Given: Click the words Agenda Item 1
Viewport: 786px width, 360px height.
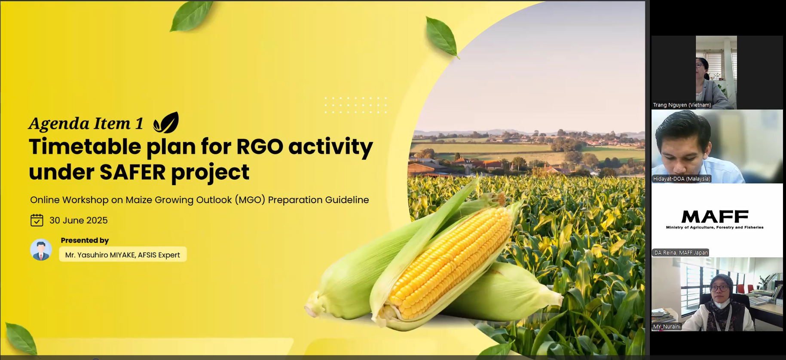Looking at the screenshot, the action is tap(86, 124).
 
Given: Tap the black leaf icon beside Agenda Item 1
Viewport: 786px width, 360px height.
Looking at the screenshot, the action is tap(166, 123).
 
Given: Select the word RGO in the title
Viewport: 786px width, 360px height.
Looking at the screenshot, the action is tap(260, 147).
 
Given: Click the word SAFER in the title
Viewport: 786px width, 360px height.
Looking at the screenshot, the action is tap(132, 172).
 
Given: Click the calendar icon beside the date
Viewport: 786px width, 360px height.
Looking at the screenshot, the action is tap(37, 220).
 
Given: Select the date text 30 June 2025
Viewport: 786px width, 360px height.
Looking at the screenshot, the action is tap(79, 220).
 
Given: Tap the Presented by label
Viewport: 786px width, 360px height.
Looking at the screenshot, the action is tap(85, 241).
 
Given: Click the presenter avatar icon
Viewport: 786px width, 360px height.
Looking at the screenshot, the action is tap(41, 250).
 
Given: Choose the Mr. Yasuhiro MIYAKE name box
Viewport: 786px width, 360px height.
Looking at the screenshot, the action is tap(123, 254).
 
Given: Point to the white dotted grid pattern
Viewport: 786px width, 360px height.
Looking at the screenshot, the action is tap(355, 105).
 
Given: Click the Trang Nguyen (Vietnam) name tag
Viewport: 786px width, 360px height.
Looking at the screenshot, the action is tap(682, 105).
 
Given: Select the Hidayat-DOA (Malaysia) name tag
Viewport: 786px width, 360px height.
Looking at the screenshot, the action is tap(682, 179).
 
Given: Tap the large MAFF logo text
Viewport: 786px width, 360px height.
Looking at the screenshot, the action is tap(715, 217).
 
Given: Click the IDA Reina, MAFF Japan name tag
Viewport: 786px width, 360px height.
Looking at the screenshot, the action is tap(680, 253).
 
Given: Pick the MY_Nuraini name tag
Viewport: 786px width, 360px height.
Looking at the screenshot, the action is tap(667, 326).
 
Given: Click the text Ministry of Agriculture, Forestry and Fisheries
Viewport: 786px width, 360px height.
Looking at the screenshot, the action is tap(715, 227).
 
